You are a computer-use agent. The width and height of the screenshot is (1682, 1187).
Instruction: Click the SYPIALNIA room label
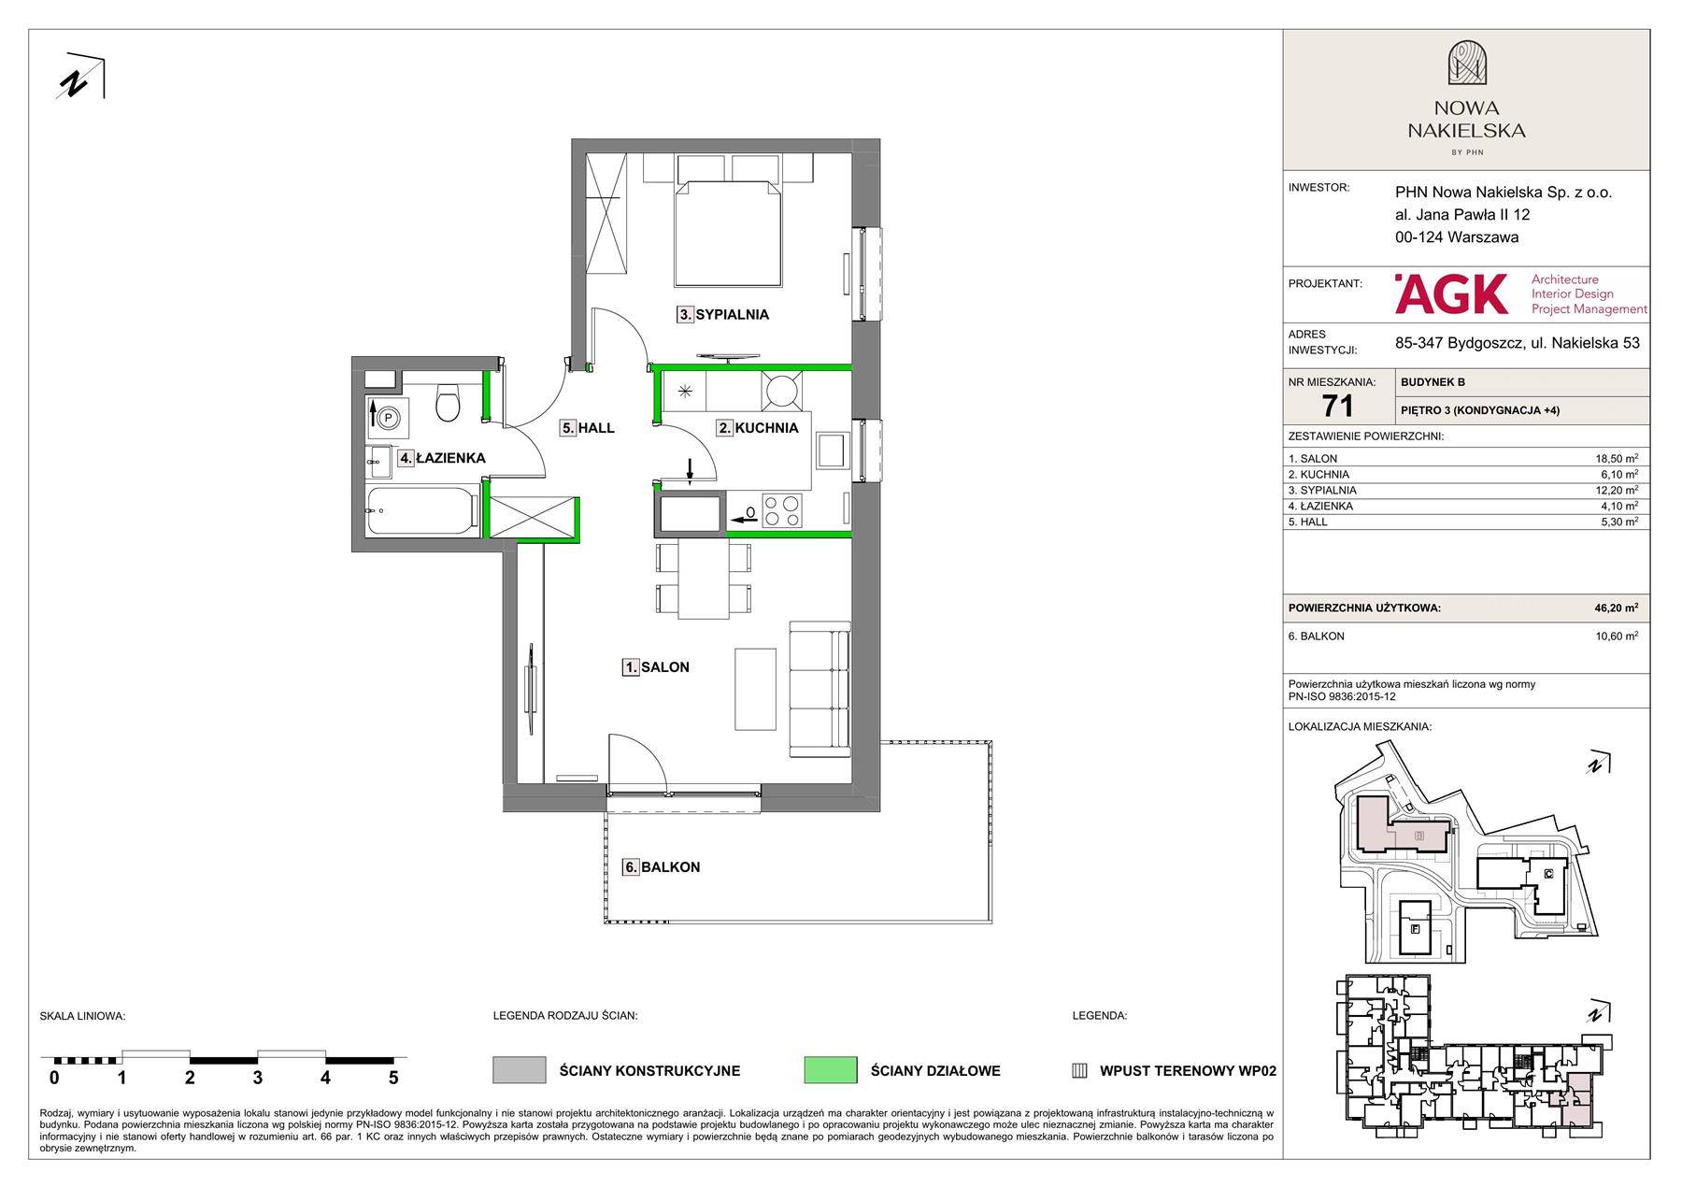coord(723,315)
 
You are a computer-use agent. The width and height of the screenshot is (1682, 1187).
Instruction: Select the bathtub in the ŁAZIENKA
coord(422,511)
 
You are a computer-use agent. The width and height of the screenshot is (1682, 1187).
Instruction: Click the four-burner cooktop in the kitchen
coord(781,511)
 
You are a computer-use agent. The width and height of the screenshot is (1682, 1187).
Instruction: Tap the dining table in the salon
coord(704,579)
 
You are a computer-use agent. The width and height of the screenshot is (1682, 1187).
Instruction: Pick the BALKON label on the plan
coord(662,867)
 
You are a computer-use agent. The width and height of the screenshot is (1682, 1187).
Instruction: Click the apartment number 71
coord(1337,406)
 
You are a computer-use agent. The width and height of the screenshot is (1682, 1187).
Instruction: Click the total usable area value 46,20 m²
coord(1616,608)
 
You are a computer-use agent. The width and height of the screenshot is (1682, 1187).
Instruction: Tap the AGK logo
coord(1451,293)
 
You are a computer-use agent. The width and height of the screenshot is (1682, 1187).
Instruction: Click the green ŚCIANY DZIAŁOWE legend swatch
coord(831,1070)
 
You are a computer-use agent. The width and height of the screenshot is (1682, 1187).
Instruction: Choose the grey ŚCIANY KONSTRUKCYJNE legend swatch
coord(520,1070)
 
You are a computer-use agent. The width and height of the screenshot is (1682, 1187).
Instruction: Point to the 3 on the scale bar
coord(258,1078)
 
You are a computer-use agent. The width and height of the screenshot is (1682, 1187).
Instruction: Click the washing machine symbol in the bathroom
coord(388,419)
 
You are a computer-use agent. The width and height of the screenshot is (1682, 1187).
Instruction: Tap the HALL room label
coord(588,428)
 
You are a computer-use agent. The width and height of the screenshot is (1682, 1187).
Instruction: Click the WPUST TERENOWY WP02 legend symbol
coord(1079,1071)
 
